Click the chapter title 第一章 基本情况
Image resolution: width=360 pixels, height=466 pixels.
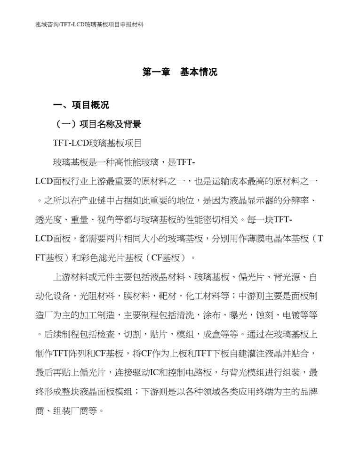click(180, 72)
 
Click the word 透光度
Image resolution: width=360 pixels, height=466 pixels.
click(49, 220)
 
